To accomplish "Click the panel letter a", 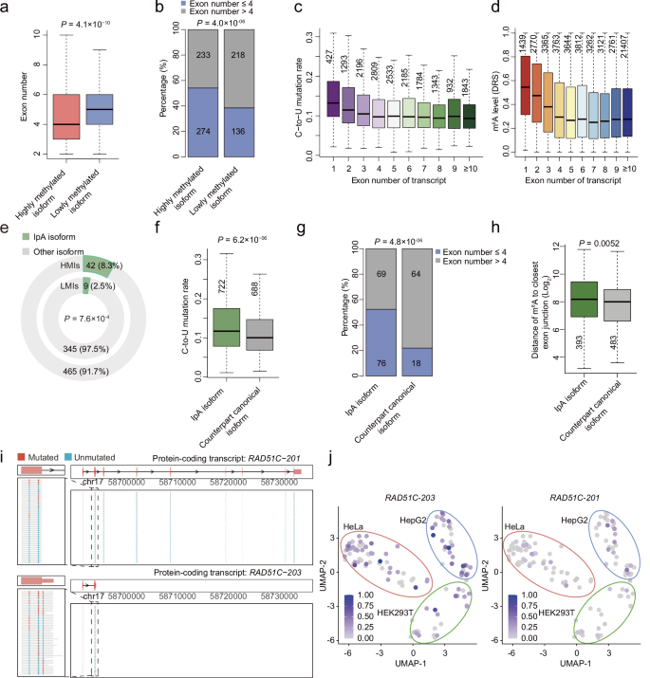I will click(x=7, y=9).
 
